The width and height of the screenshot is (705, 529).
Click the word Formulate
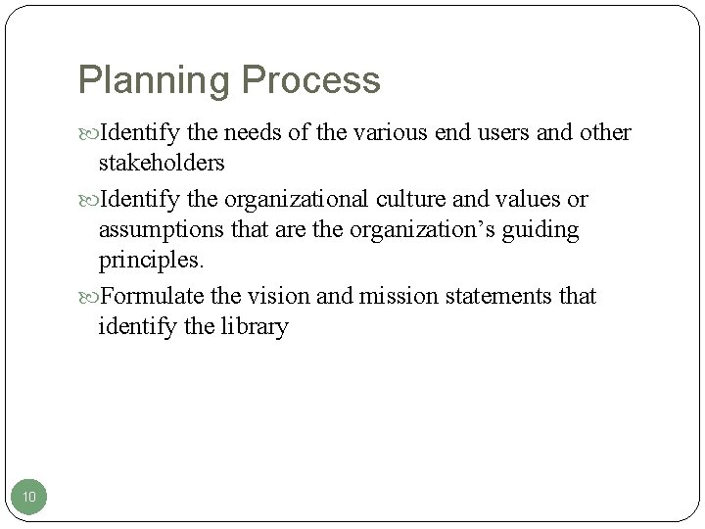(x=152, y=296)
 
